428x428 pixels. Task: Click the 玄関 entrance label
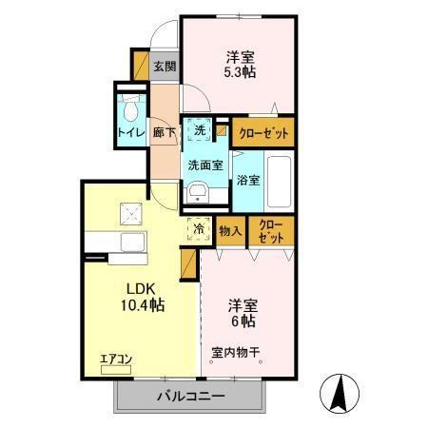(x=164, y=67)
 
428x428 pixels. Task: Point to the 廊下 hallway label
(x=164, y=133)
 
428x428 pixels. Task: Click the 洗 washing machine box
(x=200, y=129)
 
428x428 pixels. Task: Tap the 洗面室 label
(x=204, y=165)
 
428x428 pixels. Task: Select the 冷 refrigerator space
(x=200, y=228)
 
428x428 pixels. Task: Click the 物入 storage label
(x=230, y=229)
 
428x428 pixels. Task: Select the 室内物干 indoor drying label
(x=236, y=352)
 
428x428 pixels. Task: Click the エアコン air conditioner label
(x=116, y=359)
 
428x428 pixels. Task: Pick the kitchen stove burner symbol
(x=129, y=213)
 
